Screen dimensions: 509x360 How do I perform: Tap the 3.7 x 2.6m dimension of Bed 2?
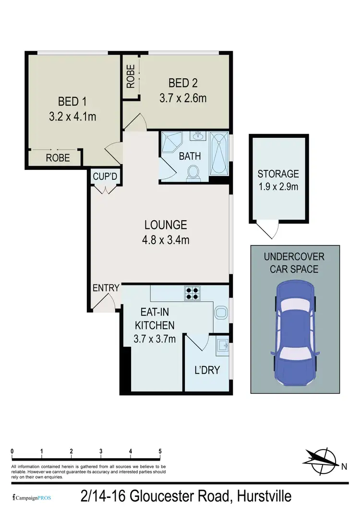click(x=182, y=98)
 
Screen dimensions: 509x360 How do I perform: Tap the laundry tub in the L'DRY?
click(x=222, y=345)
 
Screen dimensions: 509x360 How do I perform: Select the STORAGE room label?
click(x=278, y=174)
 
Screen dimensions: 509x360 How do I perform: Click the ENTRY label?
click(x=106, y=288)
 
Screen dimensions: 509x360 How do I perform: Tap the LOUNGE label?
click(x=166, y=224)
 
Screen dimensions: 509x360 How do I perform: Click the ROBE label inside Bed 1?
click(x=58, y=157)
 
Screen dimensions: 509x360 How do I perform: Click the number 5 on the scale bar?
click(x=160, y=451)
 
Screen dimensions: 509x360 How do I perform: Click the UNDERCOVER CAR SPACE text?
click(x=294, y=262)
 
